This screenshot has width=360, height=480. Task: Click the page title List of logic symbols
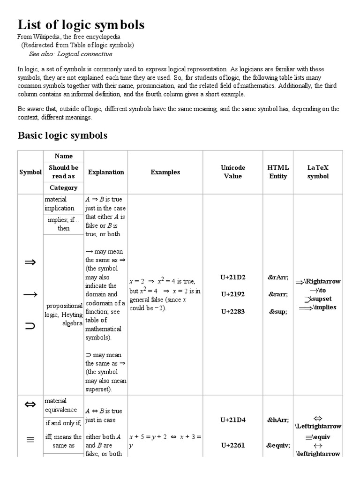coord(81,25)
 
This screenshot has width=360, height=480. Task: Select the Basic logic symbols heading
coord(62,135)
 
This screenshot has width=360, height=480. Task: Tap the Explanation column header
coord(106,172)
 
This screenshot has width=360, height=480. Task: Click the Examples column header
coord(165,172)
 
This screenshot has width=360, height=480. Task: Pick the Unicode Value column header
coord(232,172)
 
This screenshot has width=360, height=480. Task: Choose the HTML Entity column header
coord(278,172)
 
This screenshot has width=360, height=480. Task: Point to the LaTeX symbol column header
coord(318,172)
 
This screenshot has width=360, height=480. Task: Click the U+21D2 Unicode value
coord(232,277)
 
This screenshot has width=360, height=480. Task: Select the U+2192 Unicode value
coord(232,294)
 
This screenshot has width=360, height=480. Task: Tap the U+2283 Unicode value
coord(232,311)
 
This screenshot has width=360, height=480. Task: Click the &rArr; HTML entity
coord(278,277)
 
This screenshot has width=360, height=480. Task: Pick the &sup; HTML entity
coord(278,311)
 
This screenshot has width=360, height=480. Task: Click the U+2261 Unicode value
coord(232,445)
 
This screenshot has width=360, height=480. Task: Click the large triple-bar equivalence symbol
coord(30,439)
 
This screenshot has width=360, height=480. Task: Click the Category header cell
coord(63,187)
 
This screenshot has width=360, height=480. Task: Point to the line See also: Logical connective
coord(71,54)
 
